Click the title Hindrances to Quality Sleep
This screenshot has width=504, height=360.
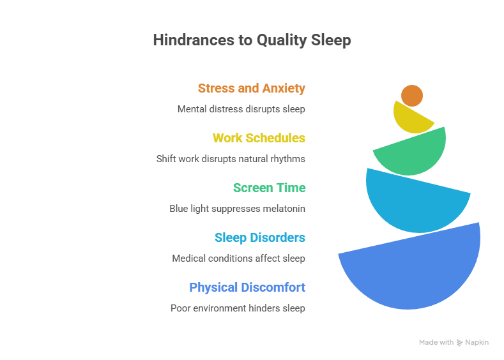(252, 40)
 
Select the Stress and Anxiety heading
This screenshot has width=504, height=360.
(251, 88)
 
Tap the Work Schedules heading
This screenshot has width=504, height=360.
(259, 138)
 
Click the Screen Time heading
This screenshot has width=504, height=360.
(269, 188)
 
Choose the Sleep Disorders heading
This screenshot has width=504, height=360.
(259, 237)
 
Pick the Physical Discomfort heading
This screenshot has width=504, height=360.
(247, 287)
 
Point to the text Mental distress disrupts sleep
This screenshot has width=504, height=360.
(241, 109)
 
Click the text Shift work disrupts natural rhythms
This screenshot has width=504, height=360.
(231, 159)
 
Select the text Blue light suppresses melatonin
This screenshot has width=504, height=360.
(237, 209)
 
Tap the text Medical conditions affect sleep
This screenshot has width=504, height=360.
(238, 259)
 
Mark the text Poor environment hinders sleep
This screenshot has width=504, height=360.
(238, 308)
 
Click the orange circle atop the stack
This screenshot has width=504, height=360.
(412, 95)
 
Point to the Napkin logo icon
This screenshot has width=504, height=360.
(459, 343)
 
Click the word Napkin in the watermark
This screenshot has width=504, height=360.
(477, 343)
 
